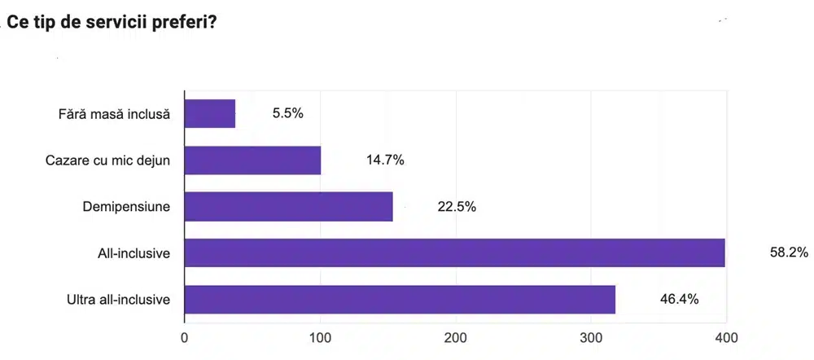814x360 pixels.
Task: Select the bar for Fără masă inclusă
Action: [210, 113]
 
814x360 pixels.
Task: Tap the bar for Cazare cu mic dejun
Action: [253, 160]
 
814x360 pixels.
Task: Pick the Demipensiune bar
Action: [289, 206]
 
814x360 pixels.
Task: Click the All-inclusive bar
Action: [455, 252]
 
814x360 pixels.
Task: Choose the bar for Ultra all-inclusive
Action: [400, 299]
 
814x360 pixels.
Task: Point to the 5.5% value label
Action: [288, 113]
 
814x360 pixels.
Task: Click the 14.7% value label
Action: [385, 160]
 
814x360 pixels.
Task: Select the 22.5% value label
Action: [457, 206]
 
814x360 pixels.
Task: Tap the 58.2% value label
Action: [789, 252]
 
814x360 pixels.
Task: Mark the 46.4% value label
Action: [679, 299]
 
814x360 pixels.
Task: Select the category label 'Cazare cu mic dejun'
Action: [107, 160]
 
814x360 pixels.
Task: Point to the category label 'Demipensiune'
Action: [126, 206]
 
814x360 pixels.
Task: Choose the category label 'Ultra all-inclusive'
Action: [118, 300]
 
